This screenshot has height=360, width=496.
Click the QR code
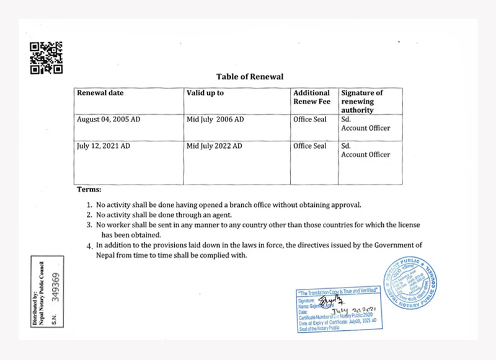coord(46,58)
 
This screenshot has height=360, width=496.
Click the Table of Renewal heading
coord(250,77)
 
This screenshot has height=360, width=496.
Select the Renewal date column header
coord(100,93)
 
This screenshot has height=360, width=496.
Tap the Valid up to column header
coord(205,93)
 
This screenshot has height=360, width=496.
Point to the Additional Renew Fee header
coord(312,97)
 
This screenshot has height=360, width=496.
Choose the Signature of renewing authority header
coord(362,101)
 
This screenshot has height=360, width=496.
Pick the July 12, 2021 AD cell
coord(104,146)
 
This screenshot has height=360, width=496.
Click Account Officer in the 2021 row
coord(366,155)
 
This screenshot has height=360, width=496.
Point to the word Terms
coord(89,189)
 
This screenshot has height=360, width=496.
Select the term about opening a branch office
coord(228,204)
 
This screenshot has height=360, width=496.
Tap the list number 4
coord(89,246)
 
